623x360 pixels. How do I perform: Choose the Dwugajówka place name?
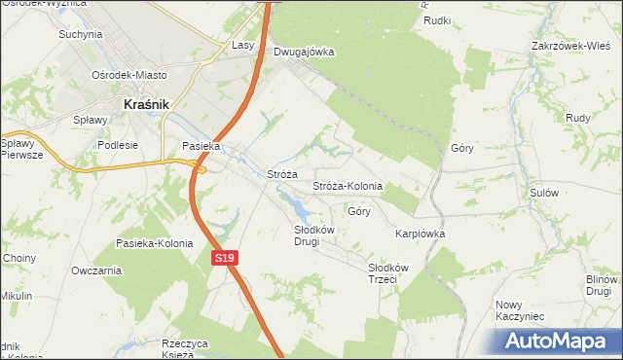click(304, 52)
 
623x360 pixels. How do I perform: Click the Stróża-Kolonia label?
click(347, 186)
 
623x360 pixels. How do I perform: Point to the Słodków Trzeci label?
click(387, 272)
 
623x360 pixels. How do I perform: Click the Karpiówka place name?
click(420, 234)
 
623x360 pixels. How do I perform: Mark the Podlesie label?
click(118, 145)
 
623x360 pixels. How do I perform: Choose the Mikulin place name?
click(17, 296)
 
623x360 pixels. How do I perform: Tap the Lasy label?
click(243, 45)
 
